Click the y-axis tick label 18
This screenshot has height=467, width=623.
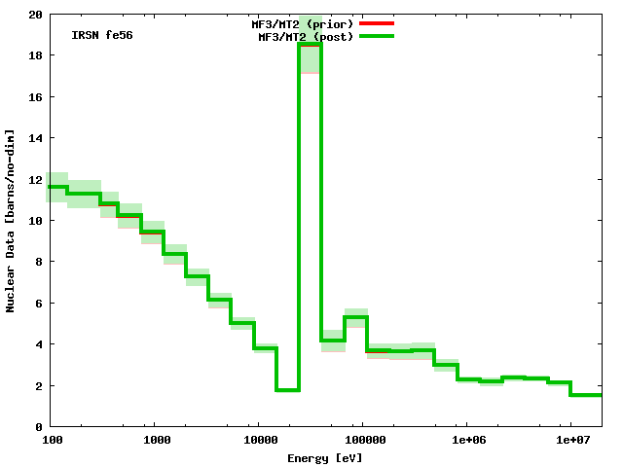tap(34, 55)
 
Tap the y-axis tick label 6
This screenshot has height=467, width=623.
tap(37, 303)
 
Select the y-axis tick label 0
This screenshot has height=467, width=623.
tap(37, 426)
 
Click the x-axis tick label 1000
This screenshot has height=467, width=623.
tap(158, 441)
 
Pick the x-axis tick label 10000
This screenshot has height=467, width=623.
tap(261, 441)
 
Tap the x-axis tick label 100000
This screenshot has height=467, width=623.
tap(362, 441)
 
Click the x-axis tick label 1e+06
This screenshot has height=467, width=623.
tap(467, 441)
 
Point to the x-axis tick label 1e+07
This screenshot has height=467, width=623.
tap(570, 441)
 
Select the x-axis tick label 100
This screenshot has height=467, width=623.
tap(53, 441)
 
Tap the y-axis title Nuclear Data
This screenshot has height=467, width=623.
tap(11, 220)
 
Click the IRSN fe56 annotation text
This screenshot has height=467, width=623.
tap(102, 35)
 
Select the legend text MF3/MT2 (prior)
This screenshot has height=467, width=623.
tap(303, 22)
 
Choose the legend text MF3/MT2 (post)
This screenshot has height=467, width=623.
tap(306, 37)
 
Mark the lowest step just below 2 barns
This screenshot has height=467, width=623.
tap(287, 390)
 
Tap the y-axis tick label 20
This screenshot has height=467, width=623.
tap(34, 15)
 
